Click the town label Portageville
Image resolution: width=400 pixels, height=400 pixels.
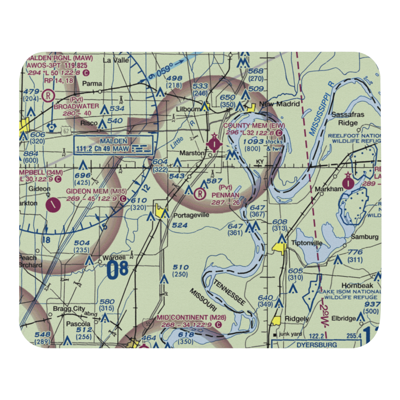click(x=191, y=215)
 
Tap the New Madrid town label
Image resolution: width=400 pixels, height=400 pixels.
click(x=280, y=104)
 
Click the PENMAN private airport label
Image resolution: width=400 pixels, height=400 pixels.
click(x=226, y=195)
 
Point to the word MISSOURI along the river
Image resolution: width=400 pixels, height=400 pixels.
click(x=203, y=300)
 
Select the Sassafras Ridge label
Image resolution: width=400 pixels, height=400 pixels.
click(x=348, y=119)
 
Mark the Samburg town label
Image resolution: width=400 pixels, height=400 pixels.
click(x=364, y=237)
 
